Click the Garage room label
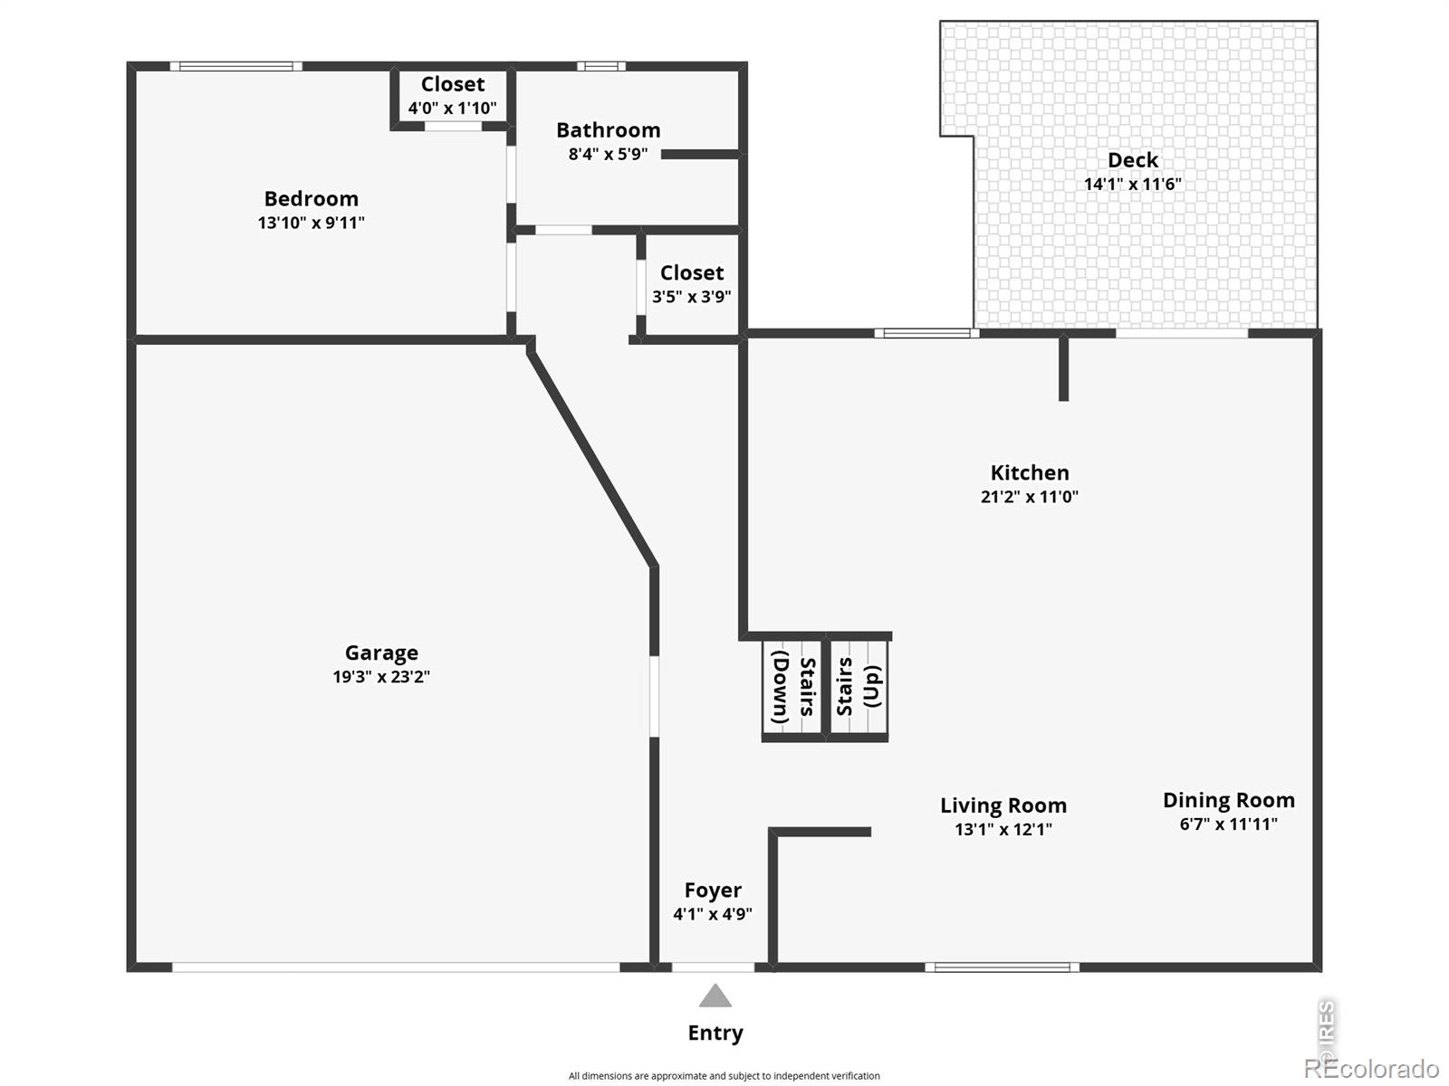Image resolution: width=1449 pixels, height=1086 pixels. [381, 653]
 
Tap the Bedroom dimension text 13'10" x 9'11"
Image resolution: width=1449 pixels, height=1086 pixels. [311, 223]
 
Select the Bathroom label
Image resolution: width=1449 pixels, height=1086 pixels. [608, 130]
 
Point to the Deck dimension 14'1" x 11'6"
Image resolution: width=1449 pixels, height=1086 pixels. [1133, 184]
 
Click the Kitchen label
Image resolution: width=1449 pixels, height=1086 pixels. [1030, 472]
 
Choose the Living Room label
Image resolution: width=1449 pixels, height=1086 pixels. [1003, 805]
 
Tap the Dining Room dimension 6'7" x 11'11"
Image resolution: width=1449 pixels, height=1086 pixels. [1229, 824]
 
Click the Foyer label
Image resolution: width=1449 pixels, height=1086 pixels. [713, 891]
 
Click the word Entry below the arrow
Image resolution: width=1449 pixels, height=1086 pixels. [715, 1033]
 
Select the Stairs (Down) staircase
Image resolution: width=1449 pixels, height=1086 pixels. [792, 690]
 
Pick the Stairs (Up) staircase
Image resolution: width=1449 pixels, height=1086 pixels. [859, 690]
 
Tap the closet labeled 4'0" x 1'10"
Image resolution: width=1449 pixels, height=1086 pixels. [453, 96]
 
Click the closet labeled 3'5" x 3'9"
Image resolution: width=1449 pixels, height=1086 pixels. [692, 284]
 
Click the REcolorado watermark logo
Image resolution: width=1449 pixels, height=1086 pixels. [1371, 1068]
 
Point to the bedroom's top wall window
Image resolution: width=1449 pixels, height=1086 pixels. [235, 66]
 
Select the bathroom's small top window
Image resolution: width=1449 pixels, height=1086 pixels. [601, 66]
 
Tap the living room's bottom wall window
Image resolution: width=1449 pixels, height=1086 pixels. [1003, 967]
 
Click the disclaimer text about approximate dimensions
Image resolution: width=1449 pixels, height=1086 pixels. [724, 1076]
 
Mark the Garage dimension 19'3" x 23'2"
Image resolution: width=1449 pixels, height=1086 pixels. [381, 677]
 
